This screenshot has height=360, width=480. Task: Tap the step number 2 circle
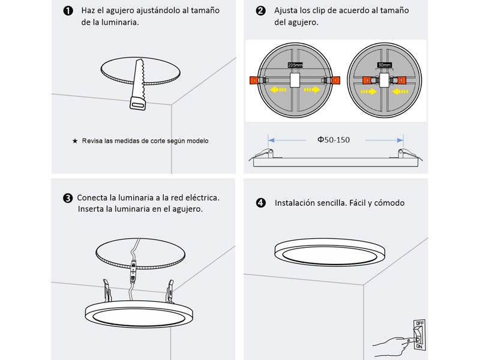click(260, 11)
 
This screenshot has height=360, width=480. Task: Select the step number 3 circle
click(68, 197)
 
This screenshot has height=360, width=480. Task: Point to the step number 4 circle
click(260, 203)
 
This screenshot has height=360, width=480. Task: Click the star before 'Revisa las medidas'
click(75, 140)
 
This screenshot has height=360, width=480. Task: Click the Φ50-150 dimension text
click(334, 140)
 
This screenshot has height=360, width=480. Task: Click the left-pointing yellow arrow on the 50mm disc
click(400, 91)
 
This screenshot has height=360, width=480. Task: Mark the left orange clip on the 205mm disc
click(254, 79)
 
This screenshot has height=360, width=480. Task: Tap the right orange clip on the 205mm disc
click(335, 79)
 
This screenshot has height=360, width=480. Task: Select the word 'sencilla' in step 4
click(331, 203)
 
